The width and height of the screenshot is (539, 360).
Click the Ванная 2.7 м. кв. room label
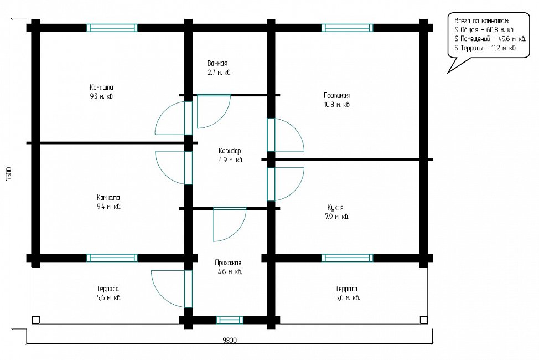[x=219, y=68]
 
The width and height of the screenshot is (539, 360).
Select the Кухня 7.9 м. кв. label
[x=337, y=212]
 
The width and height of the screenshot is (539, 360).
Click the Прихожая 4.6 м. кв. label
[x=228, y=267]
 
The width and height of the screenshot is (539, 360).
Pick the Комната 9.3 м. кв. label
[x=101, y=91]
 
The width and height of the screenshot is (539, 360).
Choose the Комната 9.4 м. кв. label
[x=108, y=202]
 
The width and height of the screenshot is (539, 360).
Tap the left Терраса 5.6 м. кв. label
[x=108, y=293]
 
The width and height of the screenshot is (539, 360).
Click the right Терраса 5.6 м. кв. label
[x=347, y=293]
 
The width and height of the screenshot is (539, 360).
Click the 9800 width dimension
[x=230, y=341]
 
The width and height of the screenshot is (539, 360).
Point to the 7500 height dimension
[x=9, y=174]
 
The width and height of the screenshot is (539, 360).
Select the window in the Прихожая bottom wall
[x=230, y=320]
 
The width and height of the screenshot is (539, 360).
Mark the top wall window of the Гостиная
[x=347, y=28]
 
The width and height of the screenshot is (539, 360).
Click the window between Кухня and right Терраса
[x=347, y=258]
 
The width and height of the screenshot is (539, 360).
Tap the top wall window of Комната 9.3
[x=112, y=28]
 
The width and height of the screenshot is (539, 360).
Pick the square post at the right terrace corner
[x=423, y=320]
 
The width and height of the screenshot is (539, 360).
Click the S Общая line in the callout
[x=484, y=29]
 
